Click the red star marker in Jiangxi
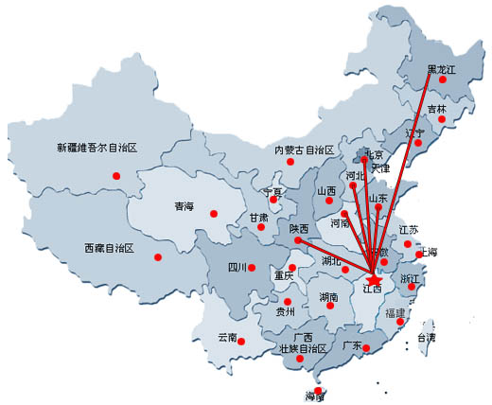coord(374,280)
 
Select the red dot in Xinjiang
coord(116,175)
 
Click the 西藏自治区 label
coord(109,248)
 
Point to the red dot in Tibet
coord(158,256)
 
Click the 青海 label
coord(184,206)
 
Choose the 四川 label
coord(237,267)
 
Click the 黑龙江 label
coord(442,69)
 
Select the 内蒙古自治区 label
coord(305,150)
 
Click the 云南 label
coord(228,337)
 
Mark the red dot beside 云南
coord(241,342)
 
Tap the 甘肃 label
coord(258,217)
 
